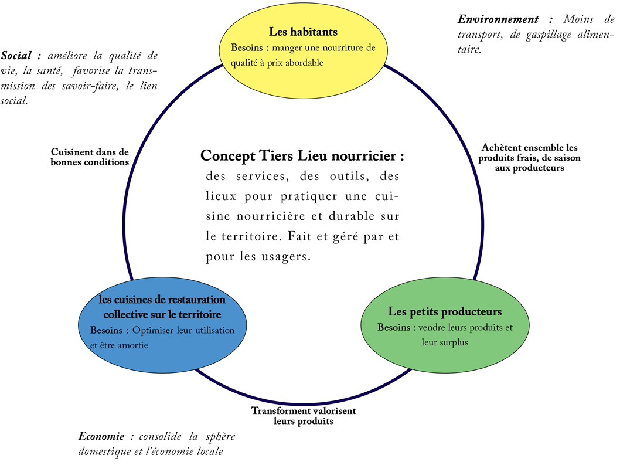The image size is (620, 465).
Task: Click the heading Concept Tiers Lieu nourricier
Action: point(302,156)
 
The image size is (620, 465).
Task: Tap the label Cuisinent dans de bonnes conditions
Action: point(90,157)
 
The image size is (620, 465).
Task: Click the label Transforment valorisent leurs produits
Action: point(304,416)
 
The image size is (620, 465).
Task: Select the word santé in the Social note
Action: point(48,71)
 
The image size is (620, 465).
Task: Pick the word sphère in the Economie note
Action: point(220,437)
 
